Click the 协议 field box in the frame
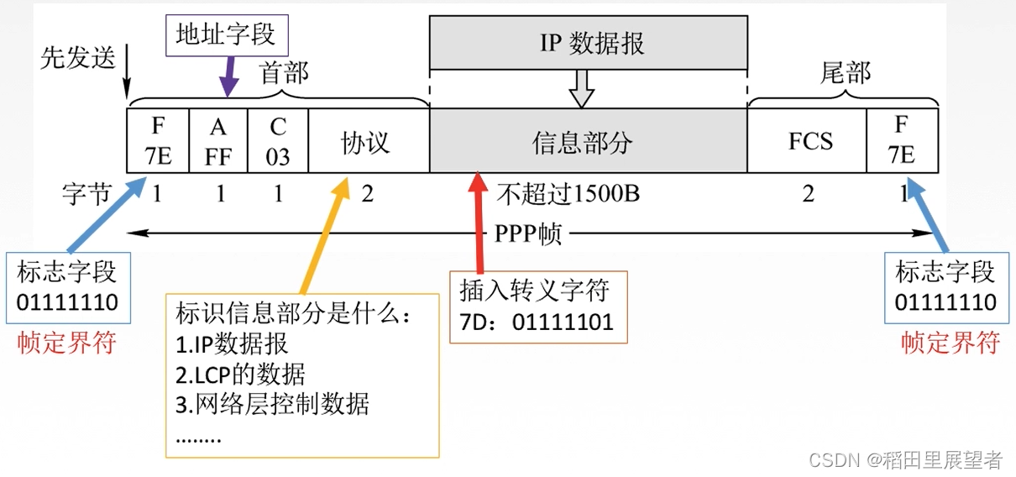coord(368,141)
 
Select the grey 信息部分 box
coord(588,141)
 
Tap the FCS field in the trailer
coord(808,141)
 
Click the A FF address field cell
coord(219,141)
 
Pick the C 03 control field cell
coord(278,141)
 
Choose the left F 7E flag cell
coord(159,141)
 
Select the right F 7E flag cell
coord(902,141)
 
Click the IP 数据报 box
coord(588,42)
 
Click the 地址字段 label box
coord(225,34)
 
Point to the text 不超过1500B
coord(568,195)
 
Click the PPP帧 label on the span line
coord(527,233)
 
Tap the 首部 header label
coord(284,73)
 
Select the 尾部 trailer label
coord(845,73)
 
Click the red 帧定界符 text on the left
coord(67,343)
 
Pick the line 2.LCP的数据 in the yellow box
coord(240,374)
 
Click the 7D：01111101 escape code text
coord(537,322)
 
